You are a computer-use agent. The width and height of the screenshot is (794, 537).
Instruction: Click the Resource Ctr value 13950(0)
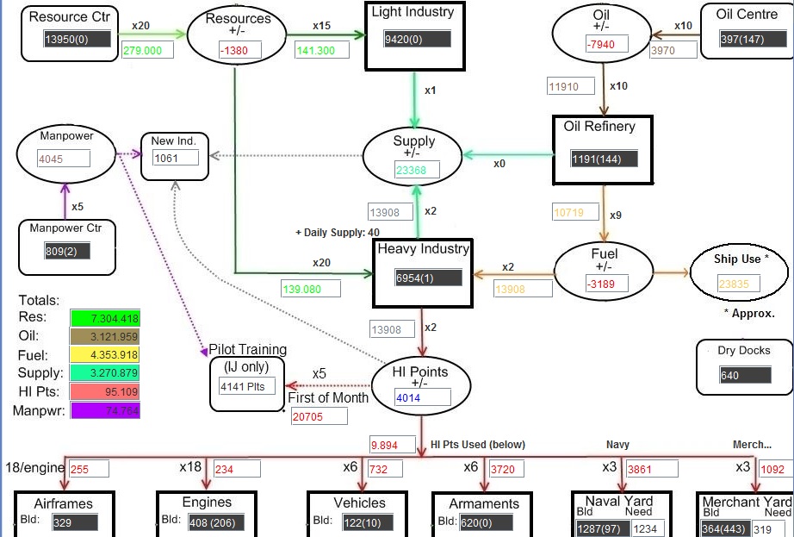78,39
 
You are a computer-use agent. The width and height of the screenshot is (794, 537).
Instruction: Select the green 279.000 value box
147,50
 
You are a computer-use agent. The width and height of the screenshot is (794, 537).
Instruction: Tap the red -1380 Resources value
240,50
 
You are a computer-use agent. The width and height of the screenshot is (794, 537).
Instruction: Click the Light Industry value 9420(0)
418,39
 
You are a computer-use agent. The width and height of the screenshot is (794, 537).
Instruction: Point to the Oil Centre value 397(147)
753,39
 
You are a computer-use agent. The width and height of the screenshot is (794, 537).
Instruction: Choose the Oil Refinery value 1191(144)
604,159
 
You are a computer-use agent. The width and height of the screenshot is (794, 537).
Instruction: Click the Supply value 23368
418,170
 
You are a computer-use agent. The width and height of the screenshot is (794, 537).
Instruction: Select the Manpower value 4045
64,159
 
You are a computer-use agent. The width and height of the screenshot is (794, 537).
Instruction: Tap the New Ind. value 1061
176,158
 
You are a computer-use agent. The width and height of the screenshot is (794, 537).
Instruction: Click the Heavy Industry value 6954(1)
428,278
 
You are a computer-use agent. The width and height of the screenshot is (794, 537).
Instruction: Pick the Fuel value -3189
606,284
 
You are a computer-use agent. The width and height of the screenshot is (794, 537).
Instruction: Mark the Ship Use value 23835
738,284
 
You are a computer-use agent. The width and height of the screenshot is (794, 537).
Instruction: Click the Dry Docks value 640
745,376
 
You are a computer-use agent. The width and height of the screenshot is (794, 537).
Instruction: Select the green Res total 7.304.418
105,318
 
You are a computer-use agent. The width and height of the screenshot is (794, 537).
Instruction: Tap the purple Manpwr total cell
105,410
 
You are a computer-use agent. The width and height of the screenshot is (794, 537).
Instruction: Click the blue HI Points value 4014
423,397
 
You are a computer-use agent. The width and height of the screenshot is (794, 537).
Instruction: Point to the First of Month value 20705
319,416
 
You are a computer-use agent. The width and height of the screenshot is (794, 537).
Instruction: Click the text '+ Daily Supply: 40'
338,233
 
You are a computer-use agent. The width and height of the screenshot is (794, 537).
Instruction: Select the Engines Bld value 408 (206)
216,522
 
